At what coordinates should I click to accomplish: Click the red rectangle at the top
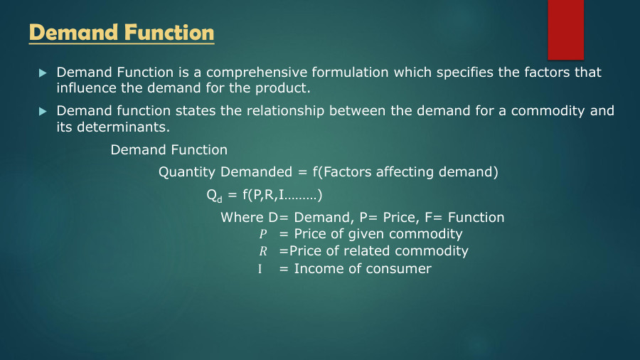click(565, 28)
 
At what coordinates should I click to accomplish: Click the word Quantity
click(186, 172)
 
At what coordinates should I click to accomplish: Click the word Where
click(240, 218)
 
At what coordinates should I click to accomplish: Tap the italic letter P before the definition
click(262, 235)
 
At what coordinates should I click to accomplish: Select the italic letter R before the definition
click(262, 252)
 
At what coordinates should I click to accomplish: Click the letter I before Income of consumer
click(260, 269)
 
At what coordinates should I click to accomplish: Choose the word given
click(368, 235)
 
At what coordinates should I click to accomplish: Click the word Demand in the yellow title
click(74, 33)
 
